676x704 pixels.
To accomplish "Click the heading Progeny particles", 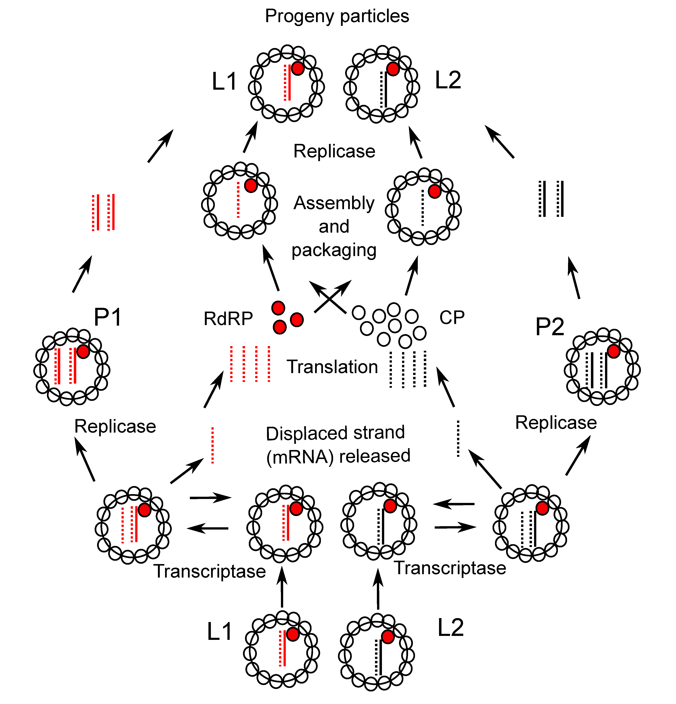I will [x=337, y=16].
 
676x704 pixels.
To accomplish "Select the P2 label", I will [x=549, y=327].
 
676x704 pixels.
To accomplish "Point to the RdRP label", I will [x=228, y=319].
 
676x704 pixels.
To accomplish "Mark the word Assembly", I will [x=334, y=203].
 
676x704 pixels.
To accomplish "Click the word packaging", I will [x=334, y=250].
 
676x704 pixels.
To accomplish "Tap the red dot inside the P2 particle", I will [x=613, y=351].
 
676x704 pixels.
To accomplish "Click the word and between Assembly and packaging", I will [x=334, y=227].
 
